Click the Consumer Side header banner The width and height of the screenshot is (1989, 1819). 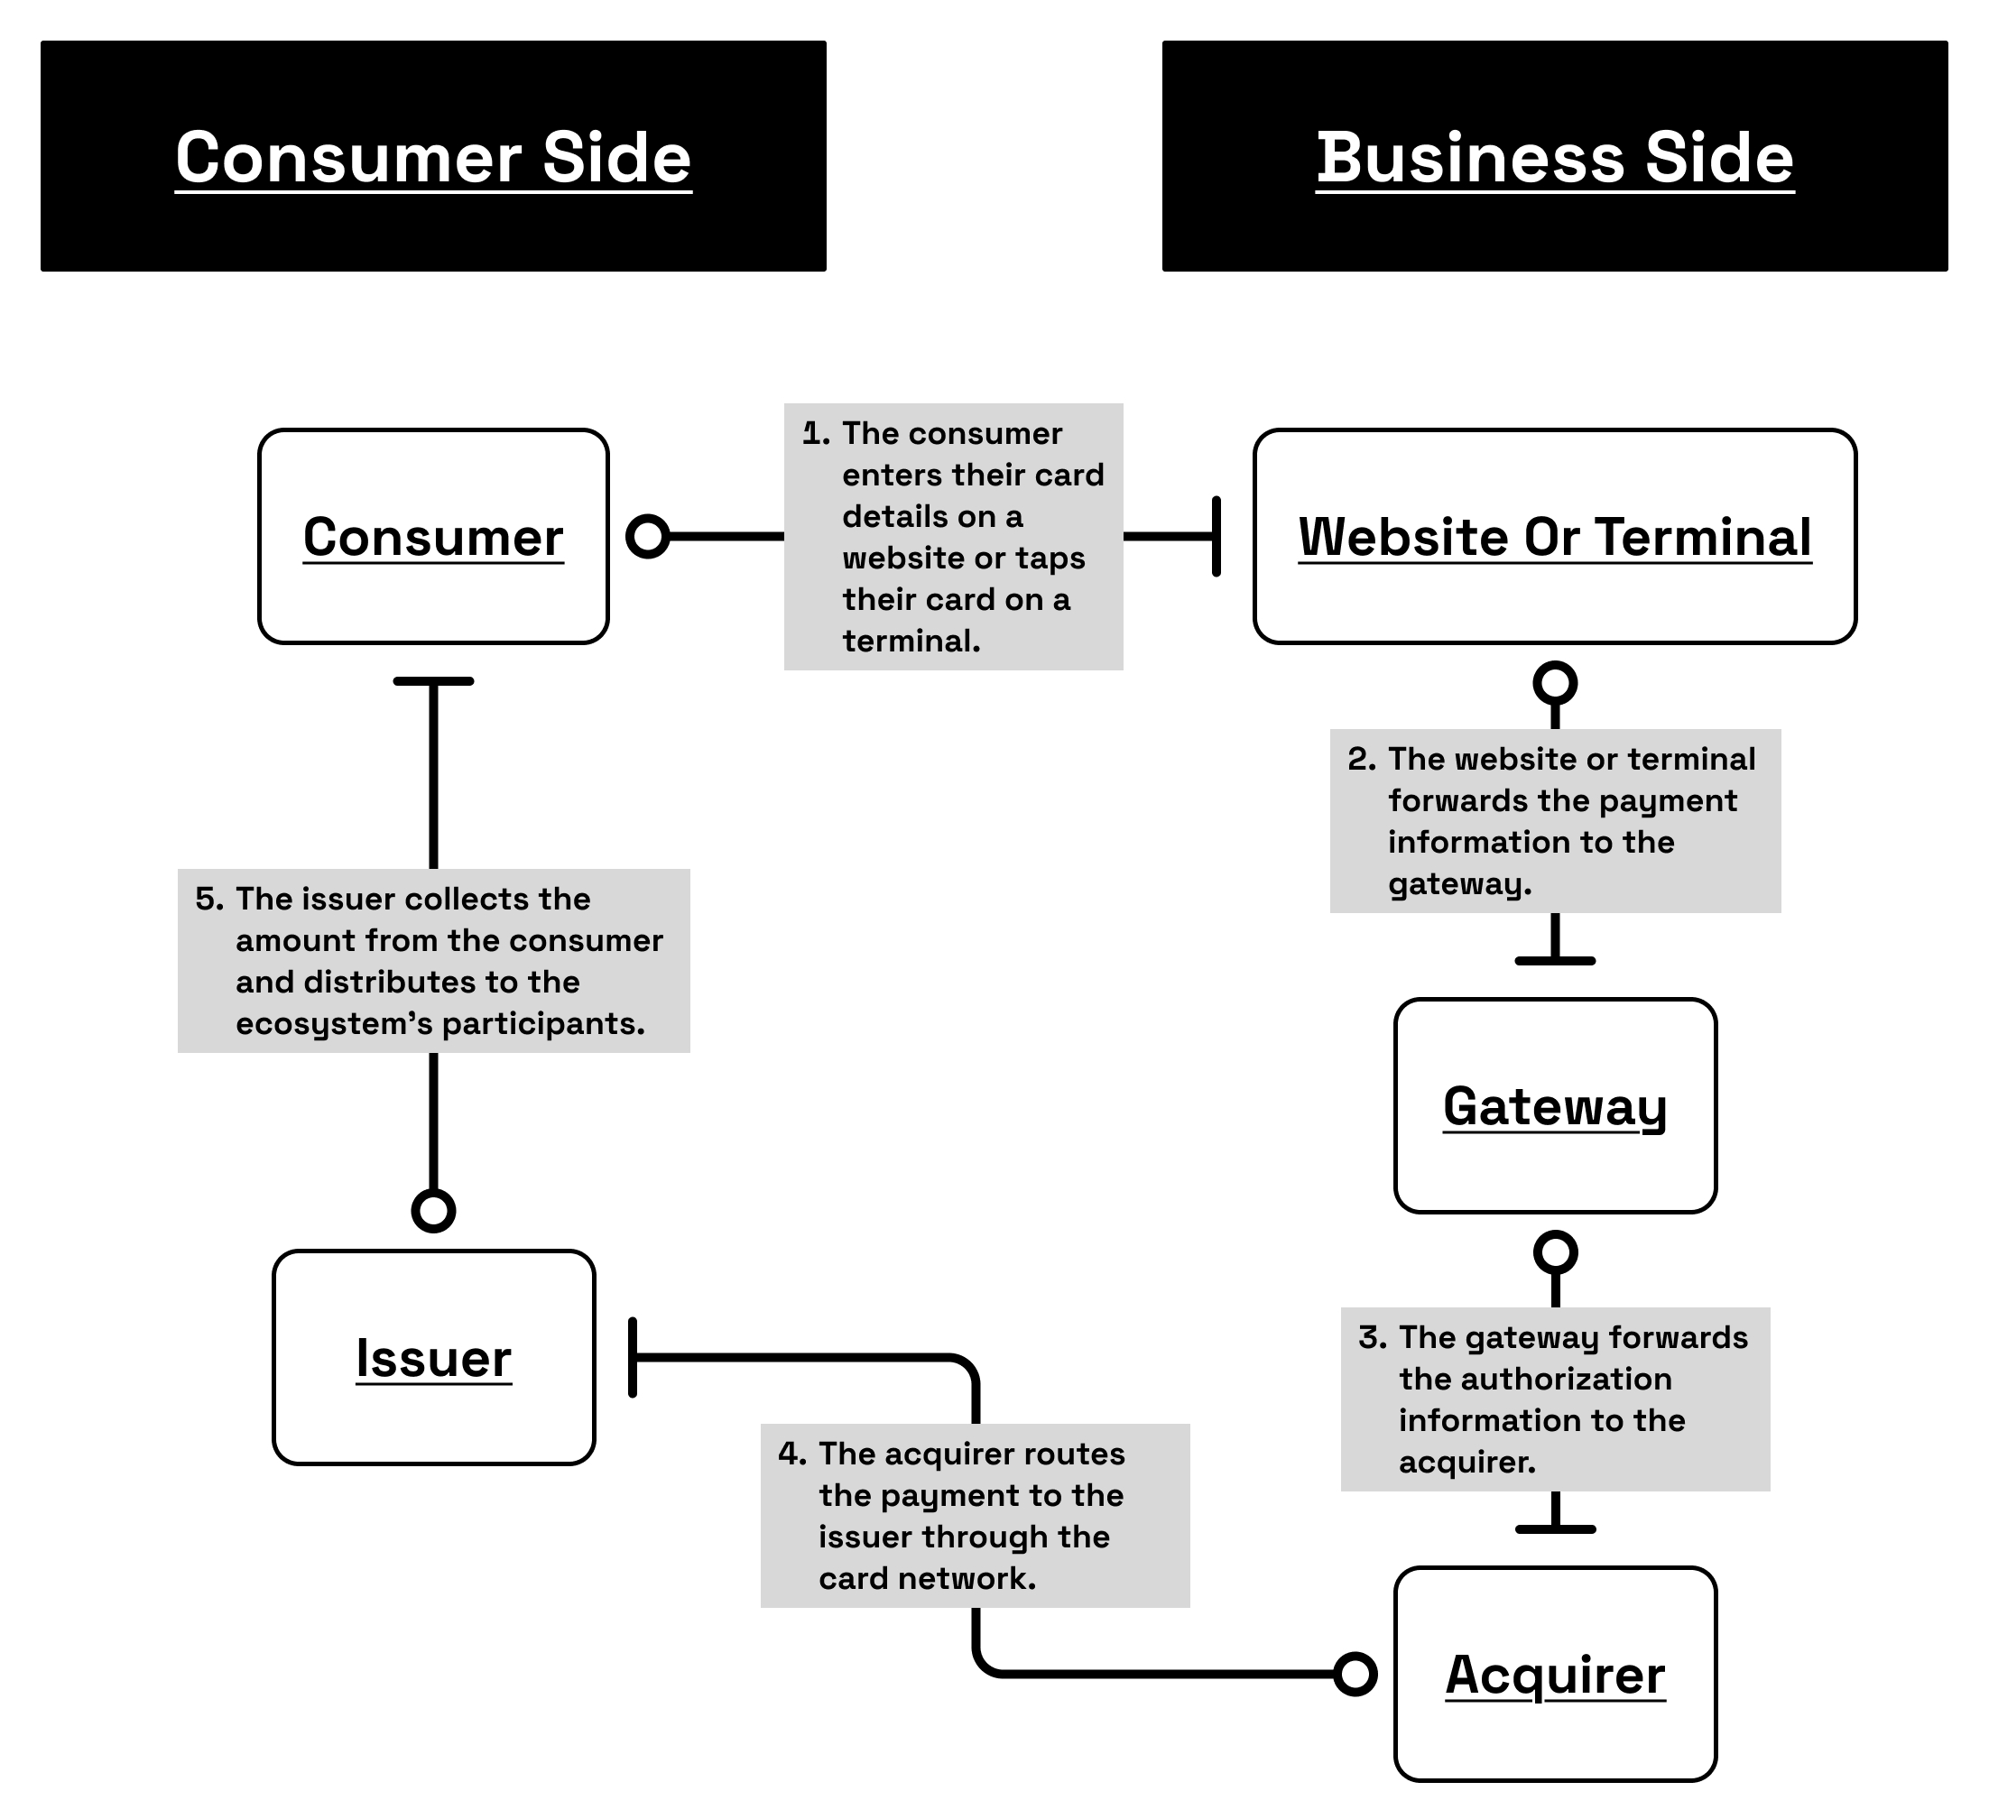point(433,156)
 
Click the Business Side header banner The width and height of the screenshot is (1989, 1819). point(1554,156)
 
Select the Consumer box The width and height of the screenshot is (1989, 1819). point(433,537)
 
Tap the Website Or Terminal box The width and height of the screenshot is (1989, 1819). point(1554,537)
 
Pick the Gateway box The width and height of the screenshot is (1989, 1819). point(1555,1106)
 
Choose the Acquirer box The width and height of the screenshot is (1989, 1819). point(1555,1674)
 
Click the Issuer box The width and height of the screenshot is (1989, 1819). point(433,1357)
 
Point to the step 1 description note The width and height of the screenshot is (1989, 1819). point(953,537)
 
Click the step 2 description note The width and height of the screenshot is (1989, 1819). point(1555,821)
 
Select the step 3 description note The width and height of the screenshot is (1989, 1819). point(1555,1399)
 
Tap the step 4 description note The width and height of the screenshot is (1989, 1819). point(975,1515)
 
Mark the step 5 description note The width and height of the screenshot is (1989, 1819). point(433,961)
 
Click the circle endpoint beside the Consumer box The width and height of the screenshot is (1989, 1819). point(648,537)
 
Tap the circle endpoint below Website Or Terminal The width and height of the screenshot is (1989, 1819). point(1555,683)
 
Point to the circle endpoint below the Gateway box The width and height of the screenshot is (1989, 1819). point(1555,1252)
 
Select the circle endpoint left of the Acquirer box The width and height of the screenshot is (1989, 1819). point(1355,1674)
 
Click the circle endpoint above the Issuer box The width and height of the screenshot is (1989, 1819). point(433,1210)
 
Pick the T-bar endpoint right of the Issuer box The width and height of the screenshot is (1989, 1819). point(634,1357)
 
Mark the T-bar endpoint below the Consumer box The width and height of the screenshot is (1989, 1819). point(433,681)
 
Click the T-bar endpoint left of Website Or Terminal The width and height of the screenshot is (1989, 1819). point(1217,537)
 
